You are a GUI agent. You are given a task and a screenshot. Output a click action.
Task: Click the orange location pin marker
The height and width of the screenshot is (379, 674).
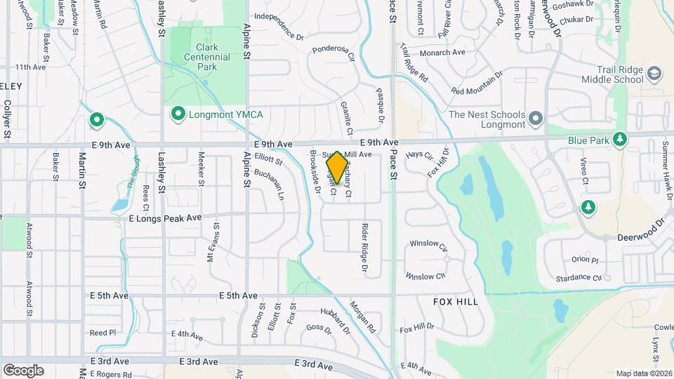click(337, 167)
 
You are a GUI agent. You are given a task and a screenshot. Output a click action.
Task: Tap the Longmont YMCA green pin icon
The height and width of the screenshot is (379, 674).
click(178, 113)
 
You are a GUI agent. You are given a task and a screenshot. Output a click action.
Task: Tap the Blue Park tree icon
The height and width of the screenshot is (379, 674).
click(620, 140)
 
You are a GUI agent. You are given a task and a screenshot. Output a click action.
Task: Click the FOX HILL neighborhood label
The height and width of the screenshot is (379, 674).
click(456, 302)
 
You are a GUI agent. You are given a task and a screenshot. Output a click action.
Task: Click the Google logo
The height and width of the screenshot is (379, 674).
click(23, 370)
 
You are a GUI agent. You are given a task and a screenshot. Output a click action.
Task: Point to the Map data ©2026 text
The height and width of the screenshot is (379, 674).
click(643, 373)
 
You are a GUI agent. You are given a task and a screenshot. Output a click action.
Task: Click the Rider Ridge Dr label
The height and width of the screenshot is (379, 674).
click(364, 247)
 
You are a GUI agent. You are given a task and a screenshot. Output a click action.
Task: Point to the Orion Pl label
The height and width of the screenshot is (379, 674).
click(584, 260)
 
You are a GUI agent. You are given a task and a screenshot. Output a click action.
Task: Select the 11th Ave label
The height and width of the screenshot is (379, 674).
click(30, 67)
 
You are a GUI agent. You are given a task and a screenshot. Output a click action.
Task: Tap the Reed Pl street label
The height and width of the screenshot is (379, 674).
click(102, 333)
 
